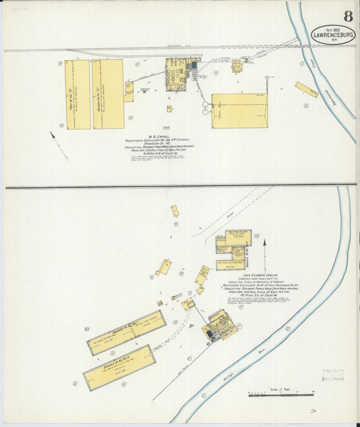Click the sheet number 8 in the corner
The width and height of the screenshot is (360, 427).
tap(347, 16)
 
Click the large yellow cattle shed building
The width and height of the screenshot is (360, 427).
tap(239, 110)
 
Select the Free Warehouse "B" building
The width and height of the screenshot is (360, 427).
tap(78, 94)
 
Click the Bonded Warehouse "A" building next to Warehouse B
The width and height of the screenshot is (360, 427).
tap(108, 94)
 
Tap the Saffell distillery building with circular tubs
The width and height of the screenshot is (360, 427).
tap(178, 74)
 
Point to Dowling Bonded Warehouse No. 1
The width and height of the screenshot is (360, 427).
tap(126, 332)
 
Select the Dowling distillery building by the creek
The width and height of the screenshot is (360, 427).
tap(220, 326)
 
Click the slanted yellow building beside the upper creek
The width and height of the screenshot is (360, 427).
tap(306, 90)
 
